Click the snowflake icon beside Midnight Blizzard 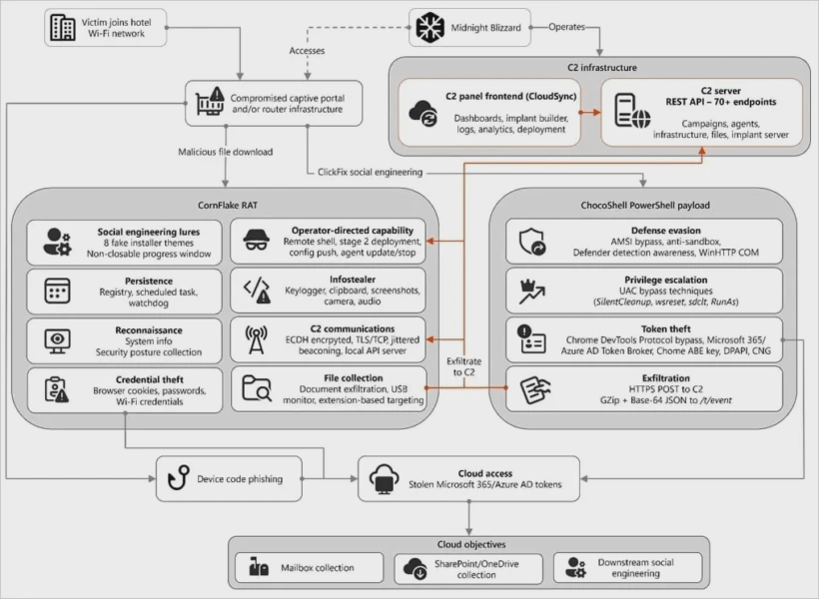tap(429, 27)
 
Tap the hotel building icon tap(62, 27)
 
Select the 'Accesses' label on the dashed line tap(308, 51)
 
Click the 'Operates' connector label tap(566, 27)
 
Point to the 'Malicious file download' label tap(225, 152)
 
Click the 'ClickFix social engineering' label tap(370, 172)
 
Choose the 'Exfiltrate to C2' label tap(463, 366)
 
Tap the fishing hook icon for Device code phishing tap(178, 478)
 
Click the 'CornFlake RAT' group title tap(228, 206)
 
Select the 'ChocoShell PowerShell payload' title tap(645, 206)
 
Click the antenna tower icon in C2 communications tap(256, 340)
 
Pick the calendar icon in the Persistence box tap(57, 291)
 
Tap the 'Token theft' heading tap(666, 329)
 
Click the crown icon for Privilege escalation tap(531, 292)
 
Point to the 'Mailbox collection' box tap(310, 568)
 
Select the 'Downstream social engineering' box tap(628, 568)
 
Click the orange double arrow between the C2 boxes tap(590, 112)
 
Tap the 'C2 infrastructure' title tap(602, 67)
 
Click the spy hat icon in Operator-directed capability tap(257, 241)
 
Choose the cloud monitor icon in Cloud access tap(384, 479)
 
